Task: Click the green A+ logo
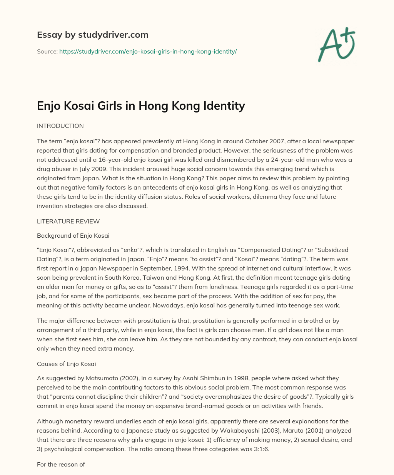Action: click(336, 45)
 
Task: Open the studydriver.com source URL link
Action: click(148, 51)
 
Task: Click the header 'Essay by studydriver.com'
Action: click(92, 35)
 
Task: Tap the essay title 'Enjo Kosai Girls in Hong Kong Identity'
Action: click(141, 106)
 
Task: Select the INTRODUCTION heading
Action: click(60, 126)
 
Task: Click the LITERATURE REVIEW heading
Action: click(68, 221)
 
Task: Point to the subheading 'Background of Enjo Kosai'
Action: click(73, 235)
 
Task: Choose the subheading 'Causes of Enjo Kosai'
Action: click(66, 364)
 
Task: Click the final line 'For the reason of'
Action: click(61, 464)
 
